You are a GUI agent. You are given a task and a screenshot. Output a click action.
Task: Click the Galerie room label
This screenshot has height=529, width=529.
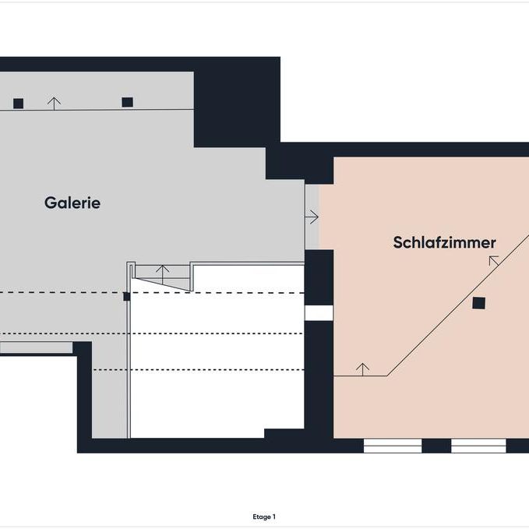(72, 203)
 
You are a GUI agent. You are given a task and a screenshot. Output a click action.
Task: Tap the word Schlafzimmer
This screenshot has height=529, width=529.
(444, 243)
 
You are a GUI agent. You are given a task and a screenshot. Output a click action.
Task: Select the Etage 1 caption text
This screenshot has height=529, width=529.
(264, 517)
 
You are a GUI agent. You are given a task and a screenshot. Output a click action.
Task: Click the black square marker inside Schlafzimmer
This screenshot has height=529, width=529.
(479, 303)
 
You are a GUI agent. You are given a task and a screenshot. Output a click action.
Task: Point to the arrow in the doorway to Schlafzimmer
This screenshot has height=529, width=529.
(312, 216)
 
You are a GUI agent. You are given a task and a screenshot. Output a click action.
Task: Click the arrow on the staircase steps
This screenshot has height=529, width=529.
(162, 273)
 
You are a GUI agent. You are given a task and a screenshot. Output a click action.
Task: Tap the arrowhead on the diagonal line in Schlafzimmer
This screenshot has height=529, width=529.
(493, 259)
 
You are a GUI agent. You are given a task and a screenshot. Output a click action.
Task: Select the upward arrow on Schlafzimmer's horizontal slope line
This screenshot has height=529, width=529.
(362, 368)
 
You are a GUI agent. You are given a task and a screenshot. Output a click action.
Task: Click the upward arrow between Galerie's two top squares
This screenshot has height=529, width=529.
(54, 102)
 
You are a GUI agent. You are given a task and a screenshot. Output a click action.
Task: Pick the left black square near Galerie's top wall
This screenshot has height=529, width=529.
(19, 103)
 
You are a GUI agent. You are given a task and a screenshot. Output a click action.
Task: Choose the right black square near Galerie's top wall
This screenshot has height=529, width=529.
(128, 102)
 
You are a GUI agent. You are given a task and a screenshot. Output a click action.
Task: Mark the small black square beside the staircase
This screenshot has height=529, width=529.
(127, 296)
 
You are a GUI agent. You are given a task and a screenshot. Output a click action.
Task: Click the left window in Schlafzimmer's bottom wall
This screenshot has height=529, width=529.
(393, 446)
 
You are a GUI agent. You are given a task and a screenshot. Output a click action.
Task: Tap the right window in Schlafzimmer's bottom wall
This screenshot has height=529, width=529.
(478, 446)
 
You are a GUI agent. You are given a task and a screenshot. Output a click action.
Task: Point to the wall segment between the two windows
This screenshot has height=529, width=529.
(436, 446)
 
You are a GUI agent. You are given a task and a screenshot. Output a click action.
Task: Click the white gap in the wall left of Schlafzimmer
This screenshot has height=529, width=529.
(319, 312)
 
